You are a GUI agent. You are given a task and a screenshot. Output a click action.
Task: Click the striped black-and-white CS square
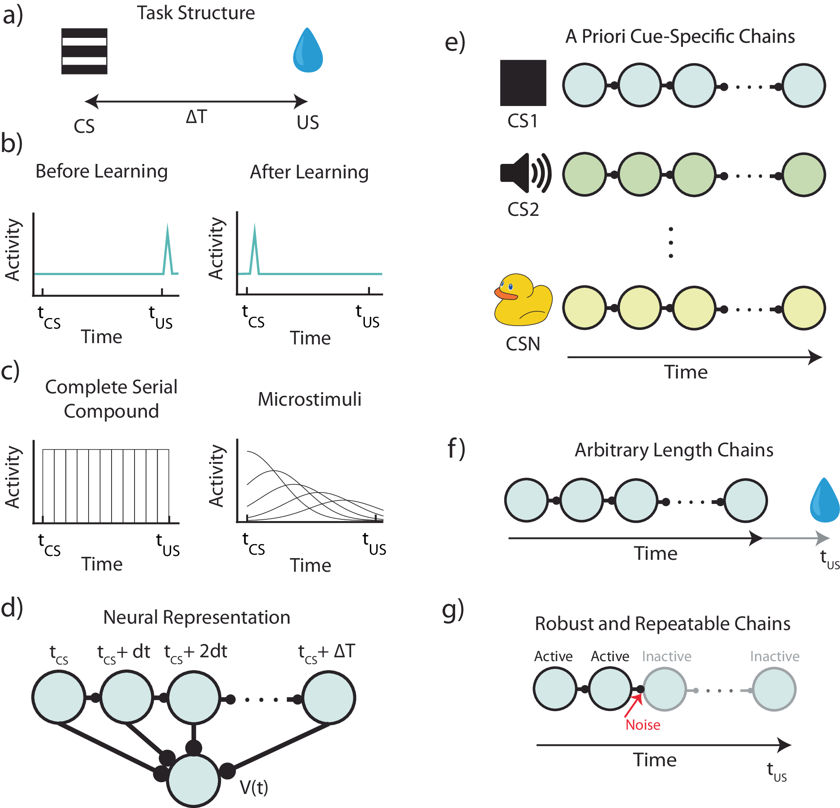pyautogui.click(x=84, y=51)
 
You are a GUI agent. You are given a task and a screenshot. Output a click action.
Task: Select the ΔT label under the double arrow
pyautogui.click(x=196, y=117)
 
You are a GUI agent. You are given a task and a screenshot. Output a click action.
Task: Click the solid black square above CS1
pyautogui.click(x=523, y=83)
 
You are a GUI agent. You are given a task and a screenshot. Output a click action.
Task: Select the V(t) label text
pyautogui.click(x=254, y=787)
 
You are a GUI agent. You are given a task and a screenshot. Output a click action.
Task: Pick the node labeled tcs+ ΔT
pyautogui.click(x=329, y=697)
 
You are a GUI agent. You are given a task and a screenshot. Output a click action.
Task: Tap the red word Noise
pyautogui.click(x=642, y=725)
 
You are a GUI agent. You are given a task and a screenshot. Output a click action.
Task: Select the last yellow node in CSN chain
pyautogui.click(x=803, y=308)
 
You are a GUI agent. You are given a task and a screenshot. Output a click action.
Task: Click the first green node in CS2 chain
pyautogui.click(x=584, y=175)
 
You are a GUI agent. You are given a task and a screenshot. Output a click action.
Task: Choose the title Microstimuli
pyautogui.click(x=310, y=399)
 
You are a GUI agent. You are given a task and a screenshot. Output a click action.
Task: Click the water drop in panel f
pyautogui.click(x=825, y=501)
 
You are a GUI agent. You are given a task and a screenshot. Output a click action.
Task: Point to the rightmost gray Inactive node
pyautogui.click(x=774, y=690)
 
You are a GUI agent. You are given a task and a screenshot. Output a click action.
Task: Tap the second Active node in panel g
pyautogui.click(x=609, y=689)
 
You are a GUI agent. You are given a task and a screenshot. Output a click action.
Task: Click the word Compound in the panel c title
pyautogui.click(x=112, y=411)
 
